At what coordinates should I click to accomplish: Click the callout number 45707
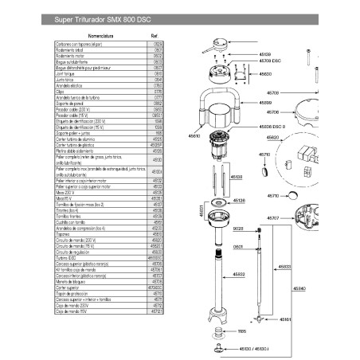271,217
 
